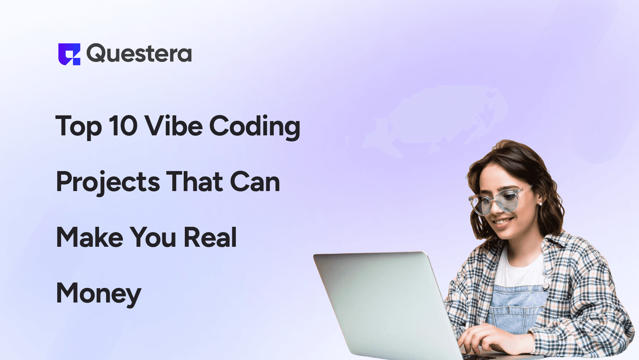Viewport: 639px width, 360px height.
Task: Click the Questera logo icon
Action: pyautogui.click(x=69, y=54)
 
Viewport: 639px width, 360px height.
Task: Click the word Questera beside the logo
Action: pyautogui.click(x=139, y=54)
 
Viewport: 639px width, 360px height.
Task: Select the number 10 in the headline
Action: pyautogui.click(x=123, y=126)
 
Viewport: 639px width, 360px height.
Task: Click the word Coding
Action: pyautogui.click(x=254, y=126)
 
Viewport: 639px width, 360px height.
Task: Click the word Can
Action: pyautogui.click(x=255, y=182)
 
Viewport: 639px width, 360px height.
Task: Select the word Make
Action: pyautogui.click(x=90, y=237)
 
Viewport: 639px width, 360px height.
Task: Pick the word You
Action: pyautogui.click(x=153, y=237)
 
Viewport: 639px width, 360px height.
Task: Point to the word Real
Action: pyautogui.click(x=210, y=237)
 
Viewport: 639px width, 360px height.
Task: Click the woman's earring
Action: pyautogui.click(x=540, y=204)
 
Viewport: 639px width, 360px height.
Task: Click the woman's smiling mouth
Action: pyautogui.click(x=503, y=222)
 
